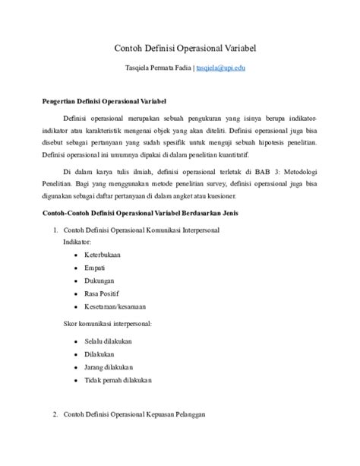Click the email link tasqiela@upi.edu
(220, 68)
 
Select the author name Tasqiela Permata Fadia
(156, 68)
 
